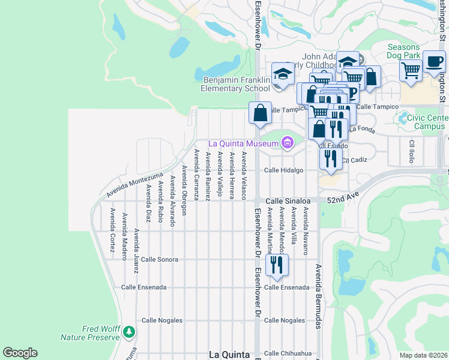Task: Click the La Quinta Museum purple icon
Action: click(287, 143)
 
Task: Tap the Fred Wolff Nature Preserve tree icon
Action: click(128, 331)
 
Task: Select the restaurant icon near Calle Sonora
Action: click(277, 264)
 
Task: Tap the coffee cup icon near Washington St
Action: click(434, 61)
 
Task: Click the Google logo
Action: click(20, 353)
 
